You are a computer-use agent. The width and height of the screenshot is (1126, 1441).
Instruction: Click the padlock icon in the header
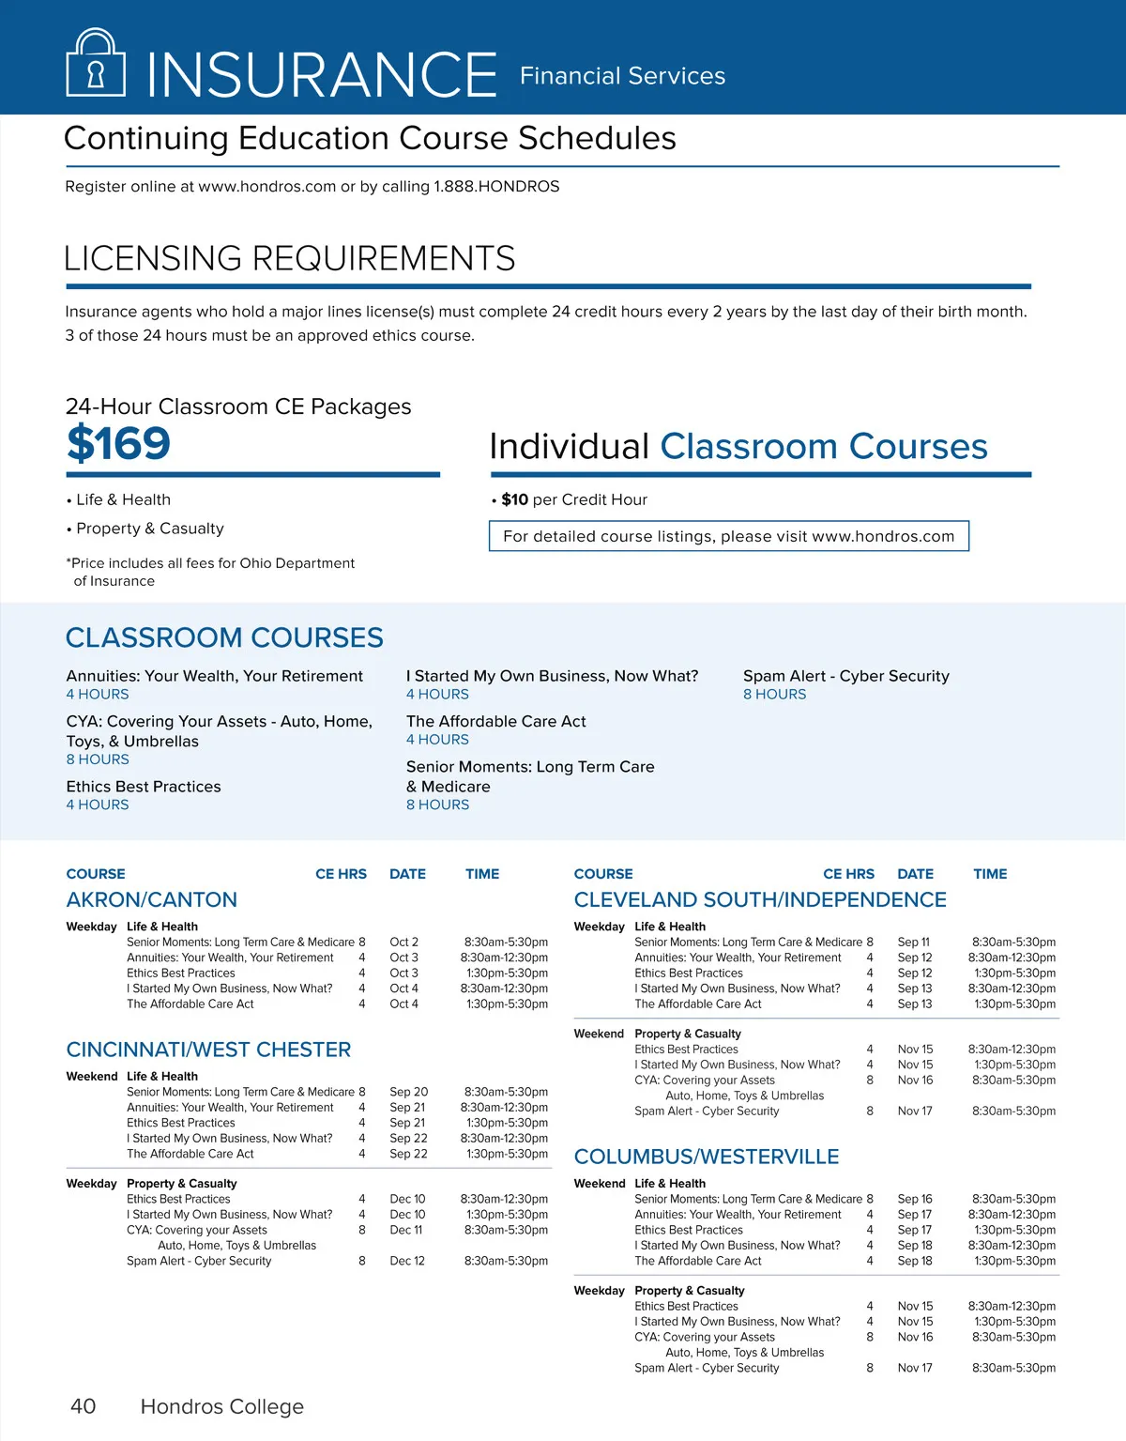(95, 63)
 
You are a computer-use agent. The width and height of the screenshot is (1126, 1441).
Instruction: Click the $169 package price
(118, 443)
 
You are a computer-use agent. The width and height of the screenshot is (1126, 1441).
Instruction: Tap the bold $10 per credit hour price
(514, 499)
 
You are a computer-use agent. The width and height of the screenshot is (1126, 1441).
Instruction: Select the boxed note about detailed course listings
(728, 536)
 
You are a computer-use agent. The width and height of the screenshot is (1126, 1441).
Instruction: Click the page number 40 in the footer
(83, 1406)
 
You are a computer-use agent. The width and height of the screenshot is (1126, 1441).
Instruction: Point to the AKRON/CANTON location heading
(151, 899)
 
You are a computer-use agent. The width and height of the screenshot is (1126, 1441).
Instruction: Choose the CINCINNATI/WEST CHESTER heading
(208, 1050)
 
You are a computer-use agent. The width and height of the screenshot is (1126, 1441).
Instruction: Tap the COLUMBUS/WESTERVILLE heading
(706, 1157)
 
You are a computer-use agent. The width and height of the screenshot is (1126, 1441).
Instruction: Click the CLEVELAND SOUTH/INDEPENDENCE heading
(759, 899)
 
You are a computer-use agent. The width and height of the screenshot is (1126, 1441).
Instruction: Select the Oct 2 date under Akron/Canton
(403, 942)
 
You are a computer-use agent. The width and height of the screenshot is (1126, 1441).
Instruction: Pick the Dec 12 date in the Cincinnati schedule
(406, 1261)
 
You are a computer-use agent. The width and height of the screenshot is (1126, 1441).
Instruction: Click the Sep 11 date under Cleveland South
(913, 942)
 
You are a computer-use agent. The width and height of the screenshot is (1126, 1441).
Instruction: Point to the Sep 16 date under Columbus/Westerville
(914, 1199)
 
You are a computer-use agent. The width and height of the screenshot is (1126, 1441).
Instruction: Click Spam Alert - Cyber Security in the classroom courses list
(845, 676)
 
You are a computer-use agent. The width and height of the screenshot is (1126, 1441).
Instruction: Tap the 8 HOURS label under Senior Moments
(437, 805)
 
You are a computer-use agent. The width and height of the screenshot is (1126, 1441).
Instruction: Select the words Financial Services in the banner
(622, 76)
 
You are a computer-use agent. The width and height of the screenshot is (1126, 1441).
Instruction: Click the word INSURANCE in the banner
(322, 74)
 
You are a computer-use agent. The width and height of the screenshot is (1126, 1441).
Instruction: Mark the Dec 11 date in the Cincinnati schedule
(405, 1230)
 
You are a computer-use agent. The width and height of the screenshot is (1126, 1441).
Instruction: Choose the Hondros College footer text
(221, 1406)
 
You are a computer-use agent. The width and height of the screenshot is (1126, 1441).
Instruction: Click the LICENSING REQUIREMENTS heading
(289, 258)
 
